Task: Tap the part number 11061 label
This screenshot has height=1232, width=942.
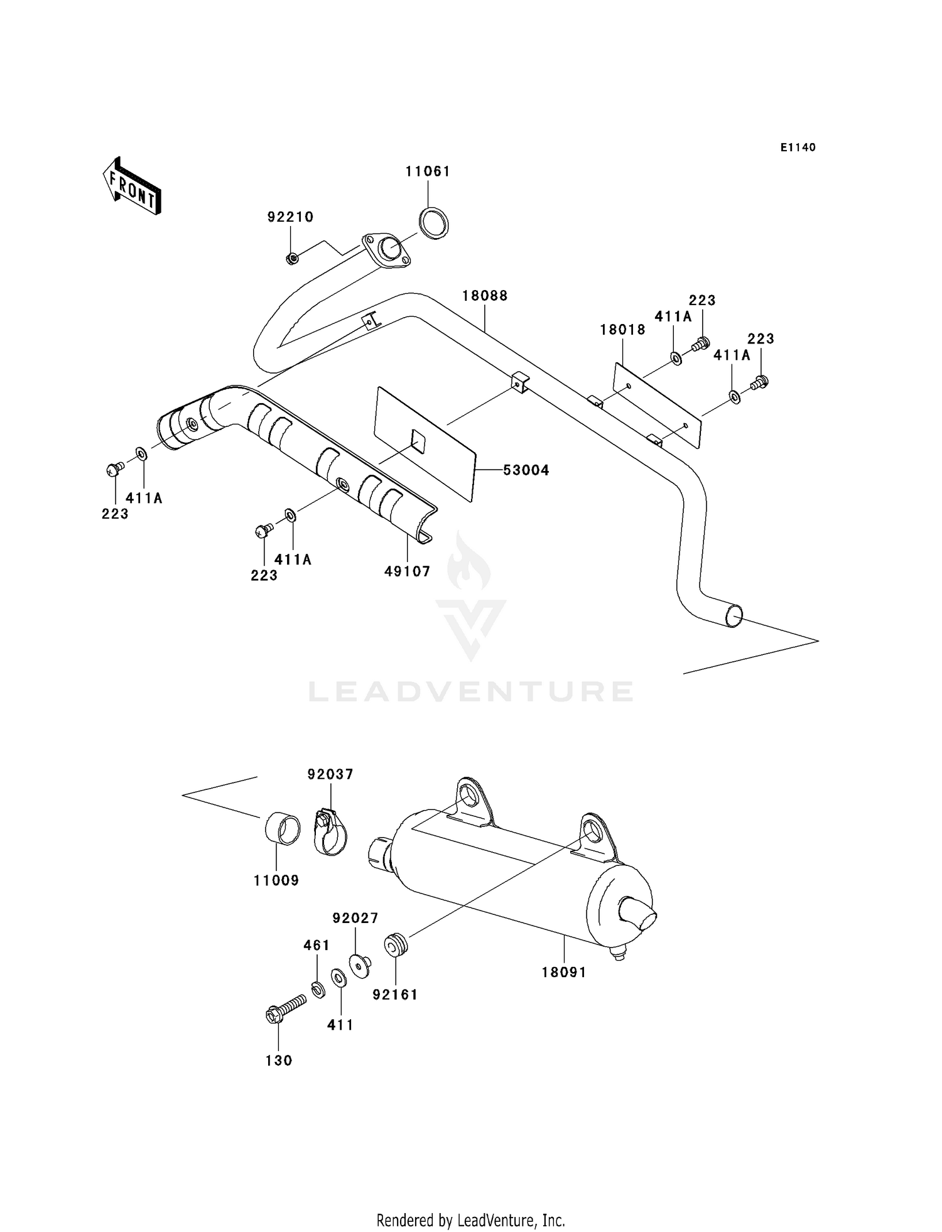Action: [428, 171]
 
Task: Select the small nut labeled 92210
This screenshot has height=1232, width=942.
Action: [291, 258]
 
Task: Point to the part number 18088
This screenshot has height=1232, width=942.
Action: [485, 296]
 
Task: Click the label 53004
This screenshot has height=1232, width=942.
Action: [526, 470]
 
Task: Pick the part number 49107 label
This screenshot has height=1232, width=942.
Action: [408, 571]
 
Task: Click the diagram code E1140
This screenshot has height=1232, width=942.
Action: [798, 148]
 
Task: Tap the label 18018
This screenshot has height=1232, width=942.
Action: [622, 330]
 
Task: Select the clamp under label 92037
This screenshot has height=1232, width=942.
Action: [330, 833]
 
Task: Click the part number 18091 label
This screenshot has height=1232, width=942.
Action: [564, 972]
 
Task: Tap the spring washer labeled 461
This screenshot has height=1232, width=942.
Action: [318, 990]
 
